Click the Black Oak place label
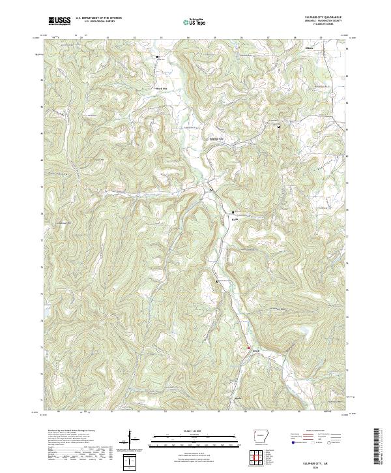(161, 89)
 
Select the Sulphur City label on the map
(215, 138)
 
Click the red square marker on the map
(248, 348)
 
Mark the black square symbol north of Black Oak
(157, 57)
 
